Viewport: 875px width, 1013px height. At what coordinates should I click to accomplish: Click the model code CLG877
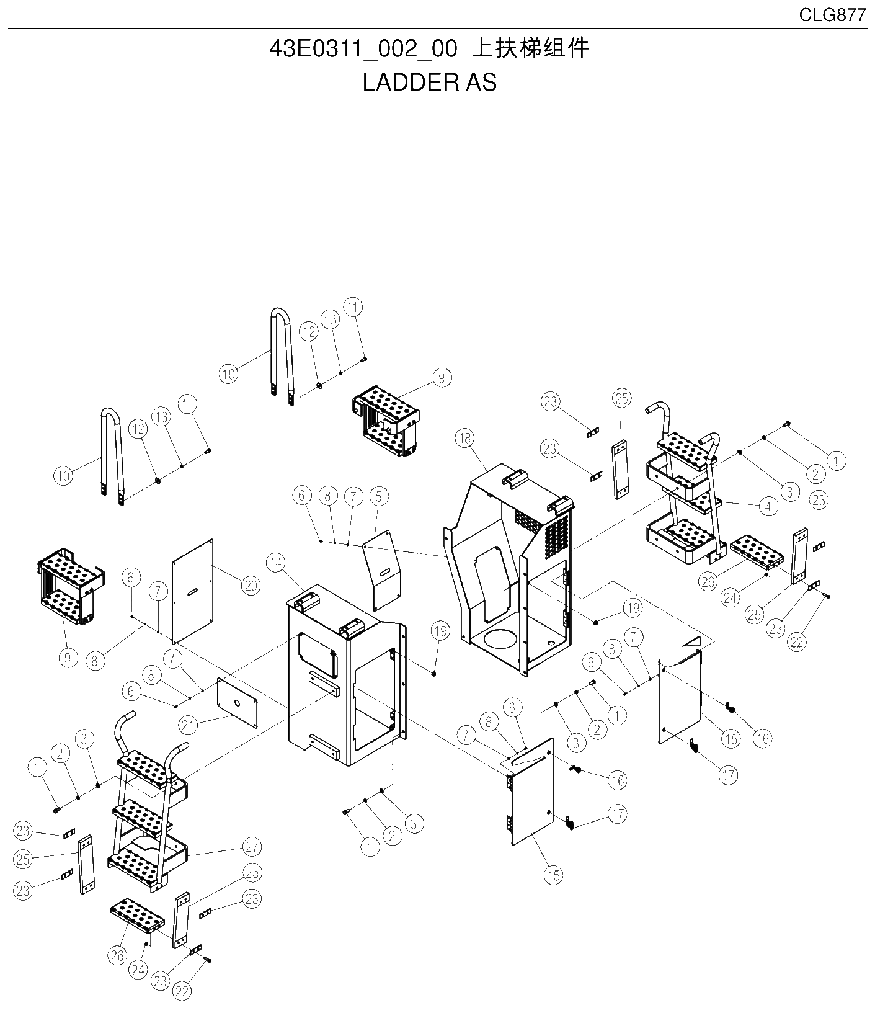click(x=832, y=15)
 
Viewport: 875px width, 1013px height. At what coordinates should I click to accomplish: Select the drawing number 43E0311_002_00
click(x=363, y=49)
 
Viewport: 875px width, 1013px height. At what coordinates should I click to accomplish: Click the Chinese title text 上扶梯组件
click(x=530, y=48)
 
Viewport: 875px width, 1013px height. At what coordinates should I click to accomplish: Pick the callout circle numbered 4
click(x=768, y=506)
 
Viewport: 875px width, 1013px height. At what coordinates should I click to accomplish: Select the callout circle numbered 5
click(x=378, y=496)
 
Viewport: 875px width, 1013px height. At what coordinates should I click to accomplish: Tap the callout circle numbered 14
click(x=276, y=563)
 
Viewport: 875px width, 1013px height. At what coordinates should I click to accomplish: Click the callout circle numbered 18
click(x=464, y=439)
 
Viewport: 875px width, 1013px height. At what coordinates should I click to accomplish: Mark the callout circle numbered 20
click(x=251, y=585)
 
